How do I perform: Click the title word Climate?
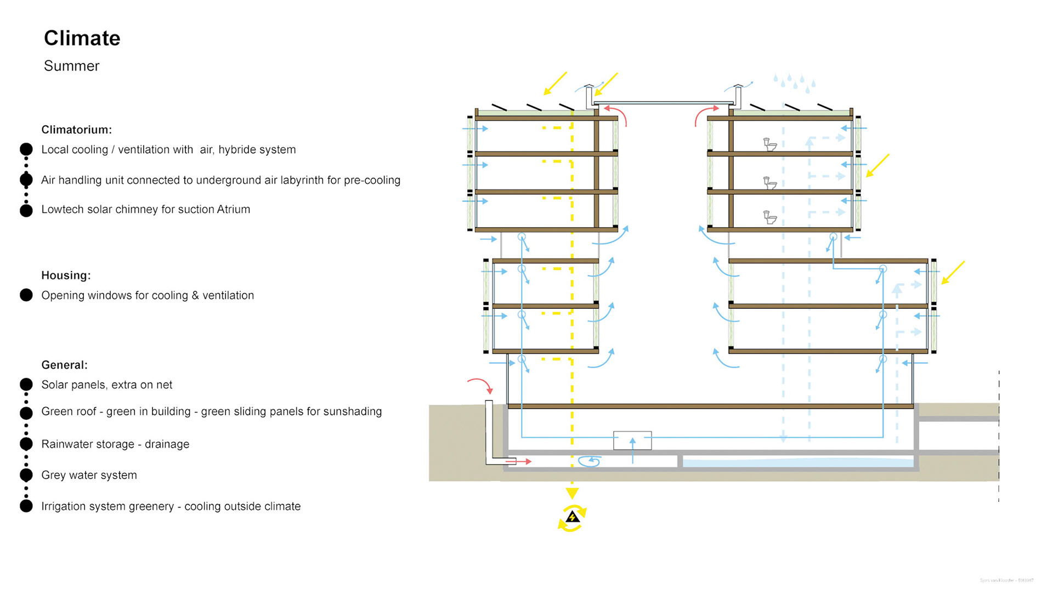(82, 38)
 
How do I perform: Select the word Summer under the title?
(71, 66)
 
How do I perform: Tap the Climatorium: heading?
(76, 129)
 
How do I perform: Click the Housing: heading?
(66, 275)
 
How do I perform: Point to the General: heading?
(64, 365)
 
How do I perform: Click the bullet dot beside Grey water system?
(26, 475)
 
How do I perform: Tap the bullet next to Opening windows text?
(26, 295)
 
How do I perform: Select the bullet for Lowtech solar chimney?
(26, 210)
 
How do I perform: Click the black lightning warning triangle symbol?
(572, 517)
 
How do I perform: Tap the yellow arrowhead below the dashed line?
(572, 493)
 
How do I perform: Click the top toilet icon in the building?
(770, 144)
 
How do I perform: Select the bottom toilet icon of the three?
(770, 217)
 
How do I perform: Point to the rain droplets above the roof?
(794, 82)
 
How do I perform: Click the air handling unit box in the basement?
(632, 441)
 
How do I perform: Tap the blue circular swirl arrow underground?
(590, 461)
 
